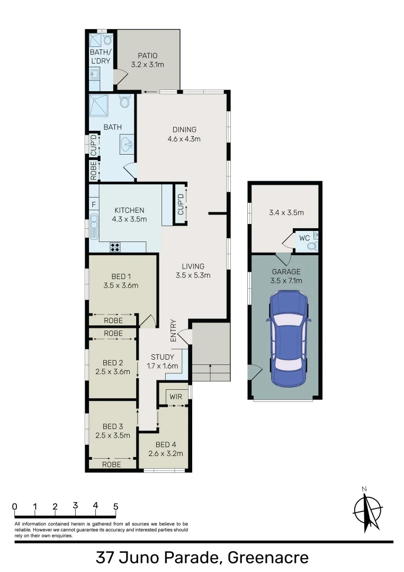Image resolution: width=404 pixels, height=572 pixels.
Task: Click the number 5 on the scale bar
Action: tap(115, 506)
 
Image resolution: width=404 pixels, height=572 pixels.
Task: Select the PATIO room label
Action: tap(148, 56)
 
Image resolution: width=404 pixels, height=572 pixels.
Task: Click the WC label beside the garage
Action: tap(304, 238)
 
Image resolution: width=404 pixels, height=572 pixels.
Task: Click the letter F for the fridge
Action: tap(94, 204)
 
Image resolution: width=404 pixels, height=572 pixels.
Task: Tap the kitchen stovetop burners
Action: tap(115, 246)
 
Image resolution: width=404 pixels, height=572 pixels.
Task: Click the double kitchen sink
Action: tap(94, 227)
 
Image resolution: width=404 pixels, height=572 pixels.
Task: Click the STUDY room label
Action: tap(163, 357)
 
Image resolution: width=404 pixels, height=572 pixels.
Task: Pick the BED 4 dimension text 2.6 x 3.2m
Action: tap(166, 453)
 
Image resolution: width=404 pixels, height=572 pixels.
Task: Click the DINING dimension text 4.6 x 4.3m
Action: tap(184, 139)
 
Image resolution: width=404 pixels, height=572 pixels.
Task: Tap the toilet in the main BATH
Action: tap(125, 101)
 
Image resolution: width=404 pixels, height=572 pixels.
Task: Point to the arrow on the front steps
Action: tap(211, 372)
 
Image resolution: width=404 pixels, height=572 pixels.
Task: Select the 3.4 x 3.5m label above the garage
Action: tap(286, 213)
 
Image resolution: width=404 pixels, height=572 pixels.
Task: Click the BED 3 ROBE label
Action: tap(112, 464)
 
